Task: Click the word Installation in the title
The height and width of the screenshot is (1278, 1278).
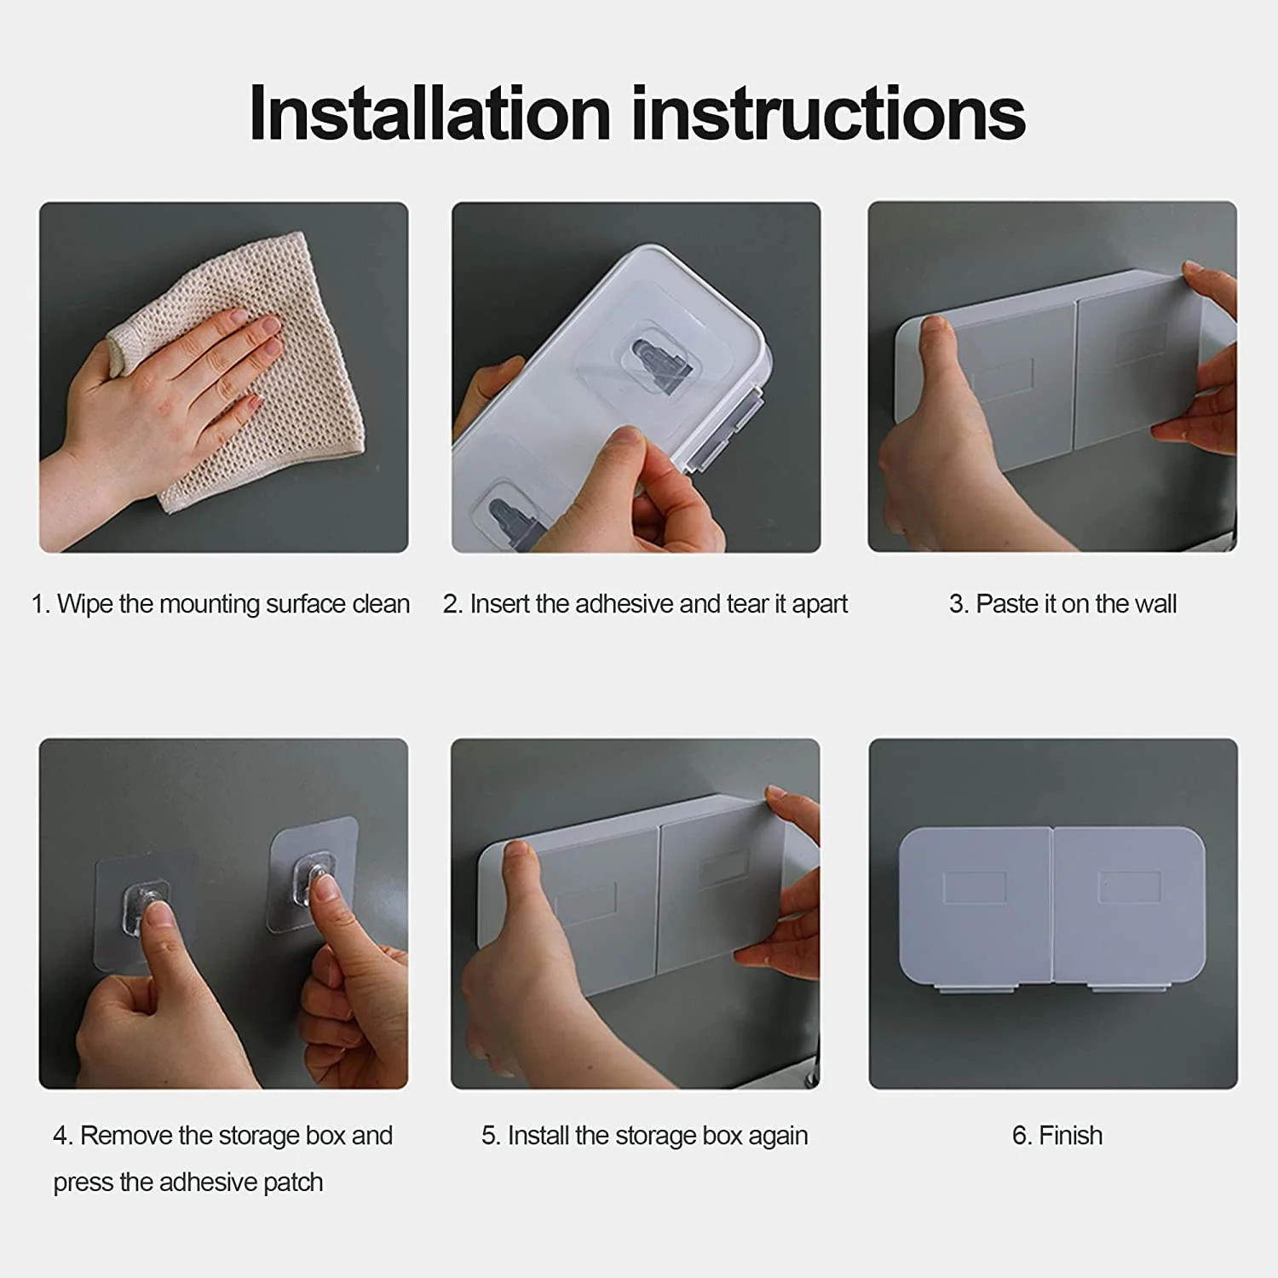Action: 430,113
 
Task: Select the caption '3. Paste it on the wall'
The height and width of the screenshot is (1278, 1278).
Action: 1062,604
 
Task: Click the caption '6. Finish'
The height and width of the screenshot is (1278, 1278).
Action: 1057,1136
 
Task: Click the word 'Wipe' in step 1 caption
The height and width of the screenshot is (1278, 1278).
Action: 85,604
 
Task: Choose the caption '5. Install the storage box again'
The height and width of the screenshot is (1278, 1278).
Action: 644,1136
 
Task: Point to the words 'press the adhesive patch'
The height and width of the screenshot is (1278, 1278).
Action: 188,1183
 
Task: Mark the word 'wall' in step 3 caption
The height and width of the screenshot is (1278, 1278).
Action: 1156,604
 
